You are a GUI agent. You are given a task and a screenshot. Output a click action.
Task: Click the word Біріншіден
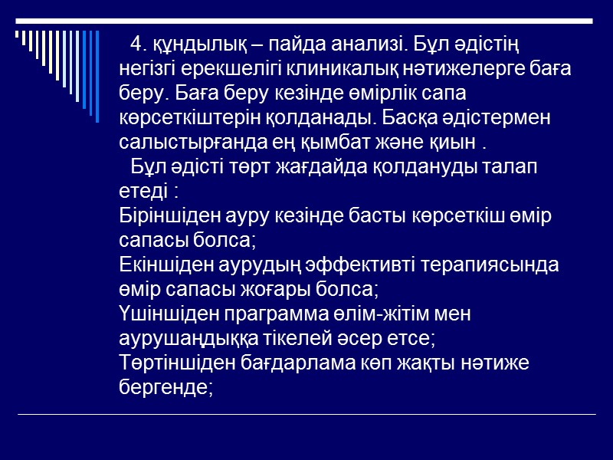click(x=164, y=215)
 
